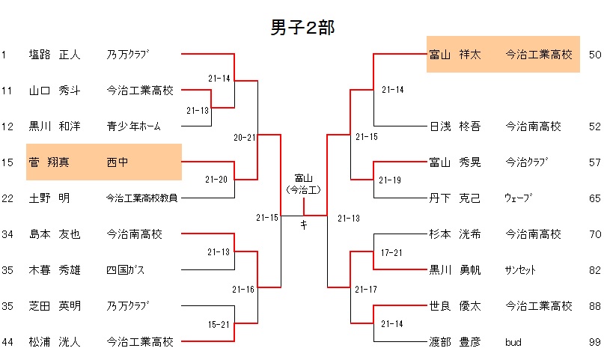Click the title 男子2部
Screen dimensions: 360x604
tap(302, 28)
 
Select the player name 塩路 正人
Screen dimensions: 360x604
tap(55, 55)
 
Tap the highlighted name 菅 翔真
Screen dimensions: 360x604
tap(54, 162)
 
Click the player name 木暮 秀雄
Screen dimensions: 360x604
tap(55, 269)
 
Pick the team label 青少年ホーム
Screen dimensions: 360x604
tap(133, 126)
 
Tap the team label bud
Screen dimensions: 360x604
tap(513, 342)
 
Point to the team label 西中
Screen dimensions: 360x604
tap(118, 162)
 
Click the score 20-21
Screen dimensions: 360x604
tap(245, 138)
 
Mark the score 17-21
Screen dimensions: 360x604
tap(392, 251)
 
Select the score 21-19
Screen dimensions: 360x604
tap(390, 180)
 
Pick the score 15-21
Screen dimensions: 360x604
tap(219, 323)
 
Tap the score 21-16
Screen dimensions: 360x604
tap(245, 289)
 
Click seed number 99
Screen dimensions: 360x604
tap(595, 342)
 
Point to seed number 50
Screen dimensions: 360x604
tap(595, 55)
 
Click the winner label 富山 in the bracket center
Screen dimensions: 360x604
tap(303, 178)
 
